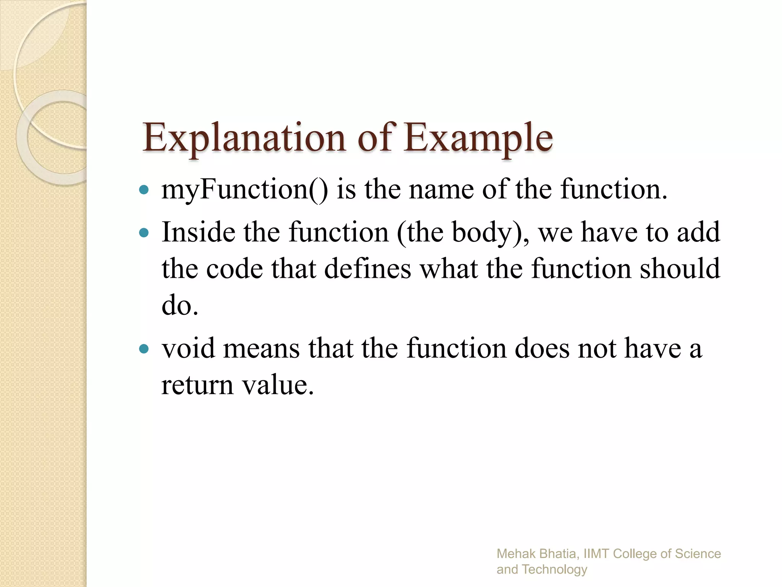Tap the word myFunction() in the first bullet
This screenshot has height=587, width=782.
click(244, 190)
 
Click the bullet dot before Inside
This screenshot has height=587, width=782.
click(144, 232)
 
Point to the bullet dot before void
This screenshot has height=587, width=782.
click(144, 349)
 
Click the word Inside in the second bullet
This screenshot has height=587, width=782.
click(198, 232)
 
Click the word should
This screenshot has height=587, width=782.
click(680, 269)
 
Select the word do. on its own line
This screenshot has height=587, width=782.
click(180, 306)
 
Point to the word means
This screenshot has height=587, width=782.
click(261, 349)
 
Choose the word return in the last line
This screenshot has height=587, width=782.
click(197, 385)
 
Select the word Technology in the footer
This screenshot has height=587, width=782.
click(554, 570)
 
